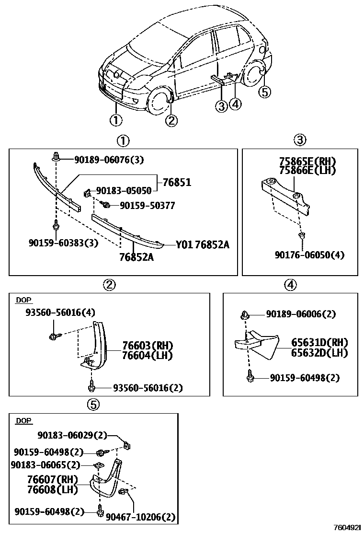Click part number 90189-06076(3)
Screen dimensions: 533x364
coord(109,159)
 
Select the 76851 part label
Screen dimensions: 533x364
coord(177,182)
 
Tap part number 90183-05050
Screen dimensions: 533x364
coord(124,191)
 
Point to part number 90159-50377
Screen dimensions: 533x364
coord(147,206)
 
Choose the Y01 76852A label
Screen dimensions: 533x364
coord(202,245)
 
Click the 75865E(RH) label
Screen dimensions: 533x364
coord(307,161)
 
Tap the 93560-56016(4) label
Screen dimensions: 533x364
coord(60,313)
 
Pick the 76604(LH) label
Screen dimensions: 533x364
coord(147,355)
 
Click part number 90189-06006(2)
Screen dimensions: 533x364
coord(301,314)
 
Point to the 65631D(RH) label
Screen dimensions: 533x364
coord(319,343)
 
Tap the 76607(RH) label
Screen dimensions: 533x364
coord(53,479)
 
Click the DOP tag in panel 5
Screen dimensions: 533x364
coord(23,421)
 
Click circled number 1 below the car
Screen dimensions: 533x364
coord(115,120)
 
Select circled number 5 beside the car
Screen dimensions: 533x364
coord(265,92)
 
